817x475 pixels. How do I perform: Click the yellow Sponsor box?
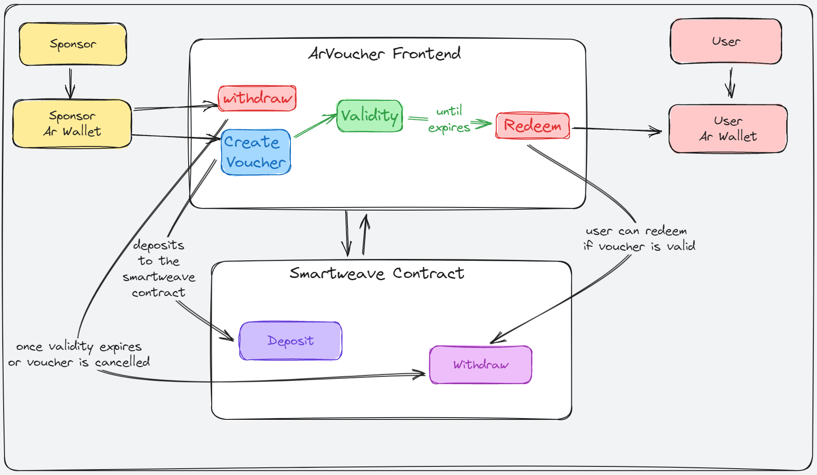click(73, 44)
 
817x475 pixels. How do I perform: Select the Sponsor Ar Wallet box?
click(72, 123)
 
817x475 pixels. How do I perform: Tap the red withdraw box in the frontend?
click(257, 98)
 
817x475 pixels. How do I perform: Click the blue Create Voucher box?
click(256, 152)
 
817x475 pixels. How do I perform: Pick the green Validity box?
click(370, 116)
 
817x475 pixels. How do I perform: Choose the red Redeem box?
click(532, 126)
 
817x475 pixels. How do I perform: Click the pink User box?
click(726, 41)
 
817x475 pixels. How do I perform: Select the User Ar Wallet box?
click(728, 129)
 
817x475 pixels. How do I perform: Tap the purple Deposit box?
click(290, 341)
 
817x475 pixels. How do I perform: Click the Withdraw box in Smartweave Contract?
click(480, 365)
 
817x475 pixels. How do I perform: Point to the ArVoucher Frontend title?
click(385, 54)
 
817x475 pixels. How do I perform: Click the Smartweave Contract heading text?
click(376, 273)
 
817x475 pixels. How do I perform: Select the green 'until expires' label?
click(449, 119)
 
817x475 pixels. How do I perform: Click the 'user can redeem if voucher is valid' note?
click(639, 239)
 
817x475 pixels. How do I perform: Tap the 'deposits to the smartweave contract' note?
click(159, 268)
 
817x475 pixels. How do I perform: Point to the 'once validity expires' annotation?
click(79, 354)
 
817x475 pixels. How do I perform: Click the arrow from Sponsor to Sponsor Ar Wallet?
click(70, 83)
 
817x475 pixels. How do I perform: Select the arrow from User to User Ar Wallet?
click(730, 83)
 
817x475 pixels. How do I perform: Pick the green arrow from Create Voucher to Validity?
click(315, 126)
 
